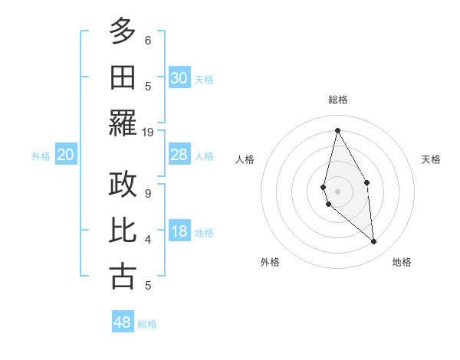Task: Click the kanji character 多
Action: coord(123,31)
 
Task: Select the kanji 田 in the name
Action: coord(123,78)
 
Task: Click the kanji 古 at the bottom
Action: coord(123,277)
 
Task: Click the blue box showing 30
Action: coord(179,78)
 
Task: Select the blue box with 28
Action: coord(179,155)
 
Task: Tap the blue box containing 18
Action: coord(179,232)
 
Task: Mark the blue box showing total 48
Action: coord(123,322)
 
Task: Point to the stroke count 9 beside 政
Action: coord(147,193)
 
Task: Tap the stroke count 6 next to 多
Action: coord(147,40)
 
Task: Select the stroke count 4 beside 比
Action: coord(147,240)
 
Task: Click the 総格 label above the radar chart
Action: coord(337,100)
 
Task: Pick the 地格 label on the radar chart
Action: coord(402,263)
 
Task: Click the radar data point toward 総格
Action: coord(337,129)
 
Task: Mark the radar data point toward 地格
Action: coord(374,242)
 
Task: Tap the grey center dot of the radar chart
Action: coord(337,191)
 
